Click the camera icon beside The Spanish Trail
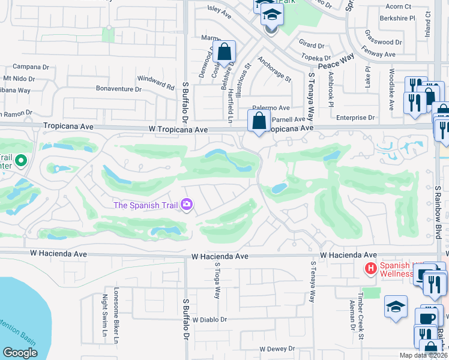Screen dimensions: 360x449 pyautogui.click(x=187, y=205)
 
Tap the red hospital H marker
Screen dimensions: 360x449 pyautogui.click(x=371, y=267)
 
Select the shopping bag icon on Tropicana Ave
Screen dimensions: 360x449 pyautogui.click(x=259, y=121)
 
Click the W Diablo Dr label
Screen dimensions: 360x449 pyautogui.click(x=210, y=320)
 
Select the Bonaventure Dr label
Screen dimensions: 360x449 pyautogui.click(x=119, y=88)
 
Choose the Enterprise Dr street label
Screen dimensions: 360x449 pyautogui.click(x=355, y=118)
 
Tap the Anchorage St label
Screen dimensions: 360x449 pyautogui.click(x=274, y=69)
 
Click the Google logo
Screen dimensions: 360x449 pyautogui.click(x=20, y=353)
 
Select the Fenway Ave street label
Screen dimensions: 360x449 pyautogui.click(x=379, y=54)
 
